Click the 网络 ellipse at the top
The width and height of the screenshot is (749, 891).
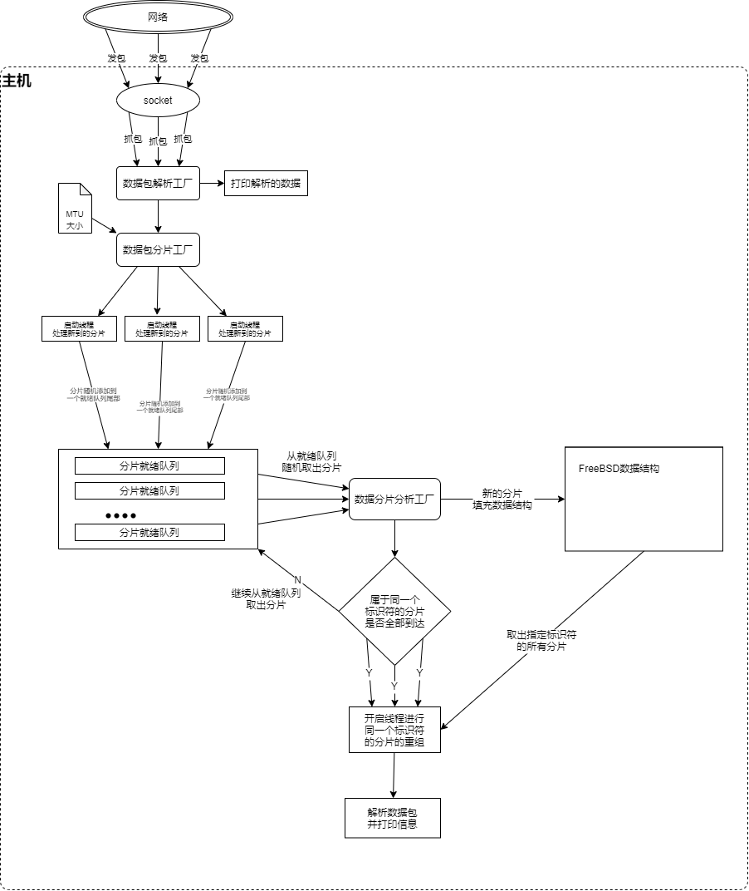157,17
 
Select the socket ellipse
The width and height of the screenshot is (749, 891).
158,101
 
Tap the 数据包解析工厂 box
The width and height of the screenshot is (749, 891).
158,183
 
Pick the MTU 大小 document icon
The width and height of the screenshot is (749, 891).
76,209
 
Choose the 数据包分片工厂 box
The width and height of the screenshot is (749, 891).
158,249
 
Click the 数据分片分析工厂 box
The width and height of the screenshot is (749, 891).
394,500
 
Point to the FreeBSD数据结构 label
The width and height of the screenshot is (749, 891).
619,469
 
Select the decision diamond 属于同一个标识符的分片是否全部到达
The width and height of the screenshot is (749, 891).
394,611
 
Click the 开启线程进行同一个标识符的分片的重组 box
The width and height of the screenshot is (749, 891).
394,730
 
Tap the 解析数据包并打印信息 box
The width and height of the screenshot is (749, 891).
392,819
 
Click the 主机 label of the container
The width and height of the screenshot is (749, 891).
17,81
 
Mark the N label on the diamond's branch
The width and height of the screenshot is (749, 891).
298,579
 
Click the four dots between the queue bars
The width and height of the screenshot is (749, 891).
120,515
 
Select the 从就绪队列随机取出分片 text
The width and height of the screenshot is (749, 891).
311,461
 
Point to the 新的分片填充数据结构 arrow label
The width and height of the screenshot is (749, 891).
502,499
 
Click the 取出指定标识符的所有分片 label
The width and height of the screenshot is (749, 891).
541,640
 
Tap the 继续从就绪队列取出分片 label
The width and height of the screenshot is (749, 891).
266,599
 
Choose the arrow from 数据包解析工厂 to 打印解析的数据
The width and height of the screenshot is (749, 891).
212,183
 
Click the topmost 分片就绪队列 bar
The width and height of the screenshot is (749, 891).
149,465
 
